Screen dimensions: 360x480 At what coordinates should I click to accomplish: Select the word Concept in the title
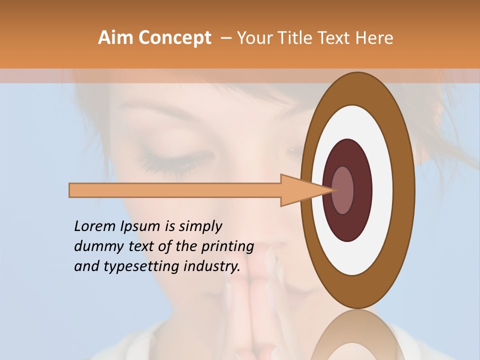click(x=174, y=38)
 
